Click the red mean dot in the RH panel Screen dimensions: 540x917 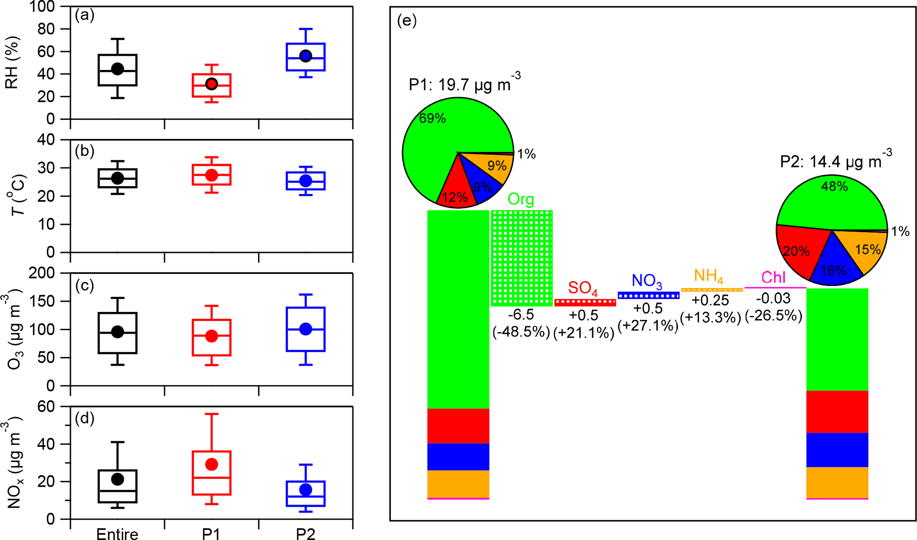[212, 84]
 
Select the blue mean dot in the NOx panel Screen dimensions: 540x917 [306, 489]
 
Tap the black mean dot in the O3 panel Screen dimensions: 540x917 [118, 332]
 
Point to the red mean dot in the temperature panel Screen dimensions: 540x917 [212, 175]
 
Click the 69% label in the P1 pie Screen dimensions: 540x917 [432, 118]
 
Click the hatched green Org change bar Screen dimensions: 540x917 [521, 258]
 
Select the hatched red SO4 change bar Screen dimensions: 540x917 [585, 303]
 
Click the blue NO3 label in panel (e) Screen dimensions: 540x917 [647, 280]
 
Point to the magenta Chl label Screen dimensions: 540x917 [773, 277]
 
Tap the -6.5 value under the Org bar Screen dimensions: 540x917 [521, 315]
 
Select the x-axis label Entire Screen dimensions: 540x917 [118, 534]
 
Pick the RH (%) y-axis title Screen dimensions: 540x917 [12, 63]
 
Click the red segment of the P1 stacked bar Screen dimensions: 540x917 [458, 426]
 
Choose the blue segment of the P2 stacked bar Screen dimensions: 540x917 [837, 449]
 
